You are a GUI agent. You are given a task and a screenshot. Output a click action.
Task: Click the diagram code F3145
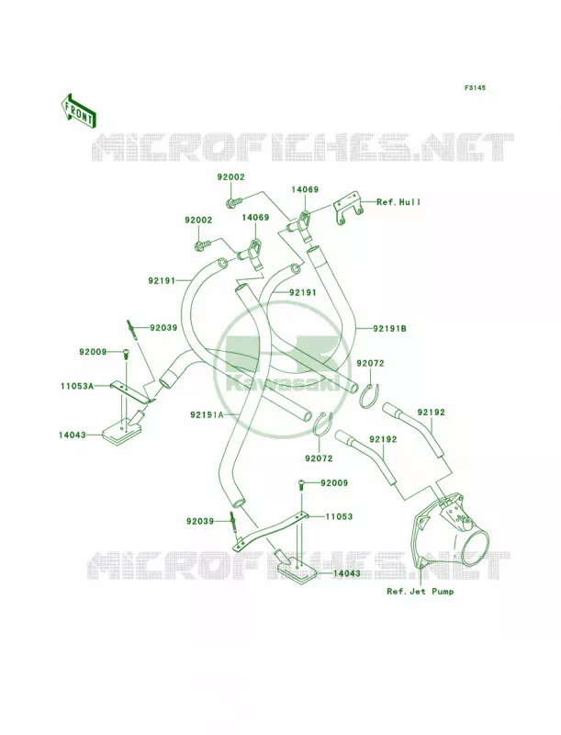pos(475,87)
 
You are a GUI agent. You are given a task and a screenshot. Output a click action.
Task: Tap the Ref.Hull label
pos(398,202)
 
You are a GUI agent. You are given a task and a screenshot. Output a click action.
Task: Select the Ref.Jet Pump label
pos(420,591)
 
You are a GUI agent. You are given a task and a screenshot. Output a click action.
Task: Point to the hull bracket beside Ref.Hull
pos(348,210)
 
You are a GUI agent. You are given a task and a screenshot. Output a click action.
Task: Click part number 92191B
pos(389,329)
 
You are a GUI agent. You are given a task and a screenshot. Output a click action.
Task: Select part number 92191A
pos(207,415)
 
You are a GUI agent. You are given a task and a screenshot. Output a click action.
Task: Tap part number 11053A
pos(77,386)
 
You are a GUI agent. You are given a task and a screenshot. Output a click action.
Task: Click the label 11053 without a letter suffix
pos(339,516)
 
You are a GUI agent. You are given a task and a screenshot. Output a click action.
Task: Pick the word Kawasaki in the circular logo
pos(283,382)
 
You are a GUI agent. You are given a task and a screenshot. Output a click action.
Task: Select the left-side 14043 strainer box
pos(120,427)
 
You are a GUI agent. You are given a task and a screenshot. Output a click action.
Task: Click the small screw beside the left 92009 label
pos(126,355)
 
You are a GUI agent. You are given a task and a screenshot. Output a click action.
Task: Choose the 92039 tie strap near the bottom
pos(232,521)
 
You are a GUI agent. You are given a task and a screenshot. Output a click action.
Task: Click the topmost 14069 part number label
pos(305,190)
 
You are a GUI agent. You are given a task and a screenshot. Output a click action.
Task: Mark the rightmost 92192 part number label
pos(432,413)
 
